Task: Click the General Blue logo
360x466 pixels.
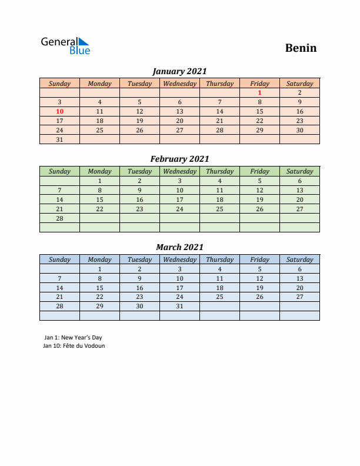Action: tap(65, 46)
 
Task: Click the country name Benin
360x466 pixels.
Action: tap(301, 48)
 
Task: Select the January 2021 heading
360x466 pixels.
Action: tap(179, 71)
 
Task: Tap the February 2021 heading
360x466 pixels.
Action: tap(179, 159)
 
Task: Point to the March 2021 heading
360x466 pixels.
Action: tap(179, 247)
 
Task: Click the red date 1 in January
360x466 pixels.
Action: tap(259, 92)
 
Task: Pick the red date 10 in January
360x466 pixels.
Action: tap(59, 111)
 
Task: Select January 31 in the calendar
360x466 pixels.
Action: tap(59, 139)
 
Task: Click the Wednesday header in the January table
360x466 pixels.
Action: tap(179, 84)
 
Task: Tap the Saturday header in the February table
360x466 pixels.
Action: tap(299, 171)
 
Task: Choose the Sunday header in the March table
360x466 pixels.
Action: tap(59, 259)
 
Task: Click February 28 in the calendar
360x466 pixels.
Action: tap(59, 218)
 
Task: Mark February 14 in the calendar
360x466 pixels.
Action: tap(59, 199)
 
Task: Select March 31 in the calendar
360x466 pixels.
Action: tap(179, 307)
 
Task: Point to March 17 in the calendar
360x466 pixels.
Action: tap(179, 288)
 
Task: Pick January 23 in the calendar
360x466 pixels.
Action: tap(299, 121)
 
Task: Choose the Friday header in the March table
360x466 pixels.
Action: tap(259, 259)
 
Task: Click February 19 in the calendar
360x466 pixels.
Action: tap(259, 199)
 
